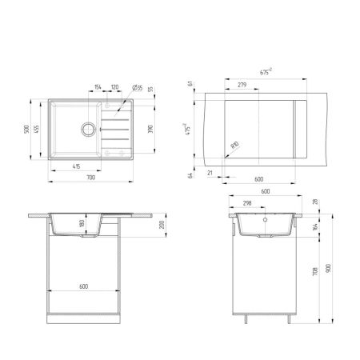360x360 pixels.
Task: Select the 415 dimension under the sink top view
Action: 75,166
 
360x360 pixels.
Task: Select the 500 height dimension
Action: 28,129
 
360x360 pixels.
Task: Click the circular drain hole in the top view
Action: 86,126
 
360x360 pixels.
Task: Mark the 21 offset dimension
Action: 210,171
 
